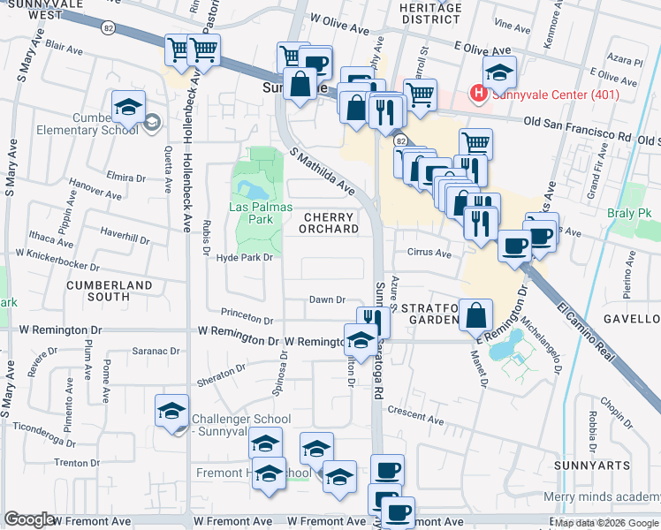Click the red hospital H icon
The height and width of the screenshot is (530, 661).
(479, 92)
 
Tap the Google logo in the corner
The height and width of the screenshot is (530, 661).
(29, 520)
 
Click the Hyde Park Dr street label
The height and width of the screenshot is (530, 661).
(242, 257)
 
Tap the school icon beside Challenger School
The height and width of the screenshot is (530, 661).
(171, 411)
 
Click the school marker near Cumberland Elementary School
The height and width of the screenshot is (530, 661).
(128, 108)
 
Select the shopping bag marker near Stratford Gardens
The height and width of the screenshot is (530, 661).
(476, 315)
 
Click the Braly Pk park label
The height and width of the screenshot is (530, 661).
(634, 214)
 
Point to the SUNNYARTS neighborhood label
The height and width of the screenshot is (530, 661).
(592, 465)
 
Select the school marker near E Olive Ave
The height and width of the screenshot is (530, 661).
(499, 74)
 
